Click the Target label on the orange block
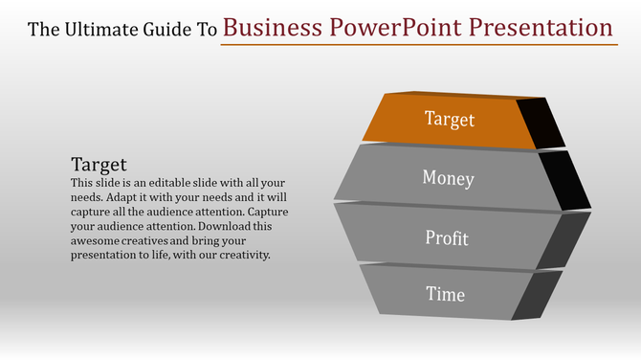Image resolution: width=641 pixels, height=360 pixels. pos(449,120)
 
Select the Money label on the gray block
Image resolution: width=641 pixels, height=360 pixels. pos(448,178)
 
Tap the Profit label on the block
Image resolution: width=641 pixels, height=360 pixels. pos(448,236)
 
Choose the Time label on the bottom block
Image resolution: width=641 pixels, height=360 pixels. pos(446,294)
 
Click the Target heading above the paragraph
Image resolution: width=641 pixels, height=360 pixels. pos(99,164)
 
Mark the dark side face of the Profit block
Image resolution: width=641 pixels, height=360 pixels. pos(564,239)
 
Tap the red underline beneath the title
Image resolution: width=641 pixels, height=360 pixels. pos(417,44)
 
